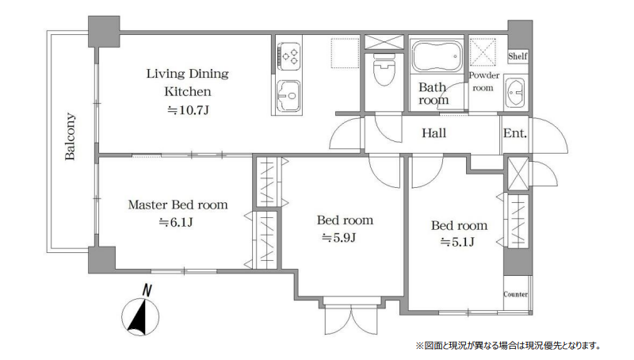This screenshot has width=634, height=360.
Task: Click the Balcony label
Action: coord(70,136)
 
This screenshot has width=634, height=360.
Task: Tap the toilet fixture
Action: coord(384,69)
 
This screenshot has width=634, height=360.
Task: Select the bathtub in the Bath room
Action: coord(437,56)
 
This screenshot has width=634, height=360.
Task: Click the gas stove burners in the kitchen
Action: coord(289,56)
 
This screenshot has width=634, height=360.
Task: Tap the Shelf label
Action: coord(518,56)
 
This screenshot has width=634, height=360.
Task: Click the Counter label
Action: coord(516,294)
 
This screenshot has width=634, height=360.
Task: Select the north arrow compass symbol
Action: coord(140,312)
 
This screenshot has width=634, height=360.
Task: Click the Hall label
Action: coord(433,132)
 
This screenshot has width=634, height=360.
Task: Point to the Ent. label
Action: coord(514,133)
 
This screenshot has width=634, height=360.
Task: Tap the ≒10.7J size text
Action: coord(188,110)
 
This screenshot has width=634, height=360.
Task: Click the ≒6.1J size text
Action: coord(175,222)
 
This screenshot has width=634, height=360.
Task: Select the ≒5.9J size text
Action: coord(338,237)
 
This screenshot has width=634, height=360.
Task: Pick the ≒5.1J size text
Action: coord(457,242)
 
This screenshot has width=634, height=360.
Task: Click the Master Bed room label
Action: coord(178,205)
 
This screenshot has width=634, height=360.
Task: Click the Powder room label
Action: coord(483,82)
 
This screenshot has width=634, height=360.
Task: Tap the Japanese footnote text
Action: coord(508,346)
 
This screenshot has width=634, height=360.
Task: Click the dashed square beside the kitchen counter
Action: coord(345,53)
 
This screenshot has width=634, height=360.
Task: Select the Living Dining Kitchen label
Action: coord(188,82)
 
